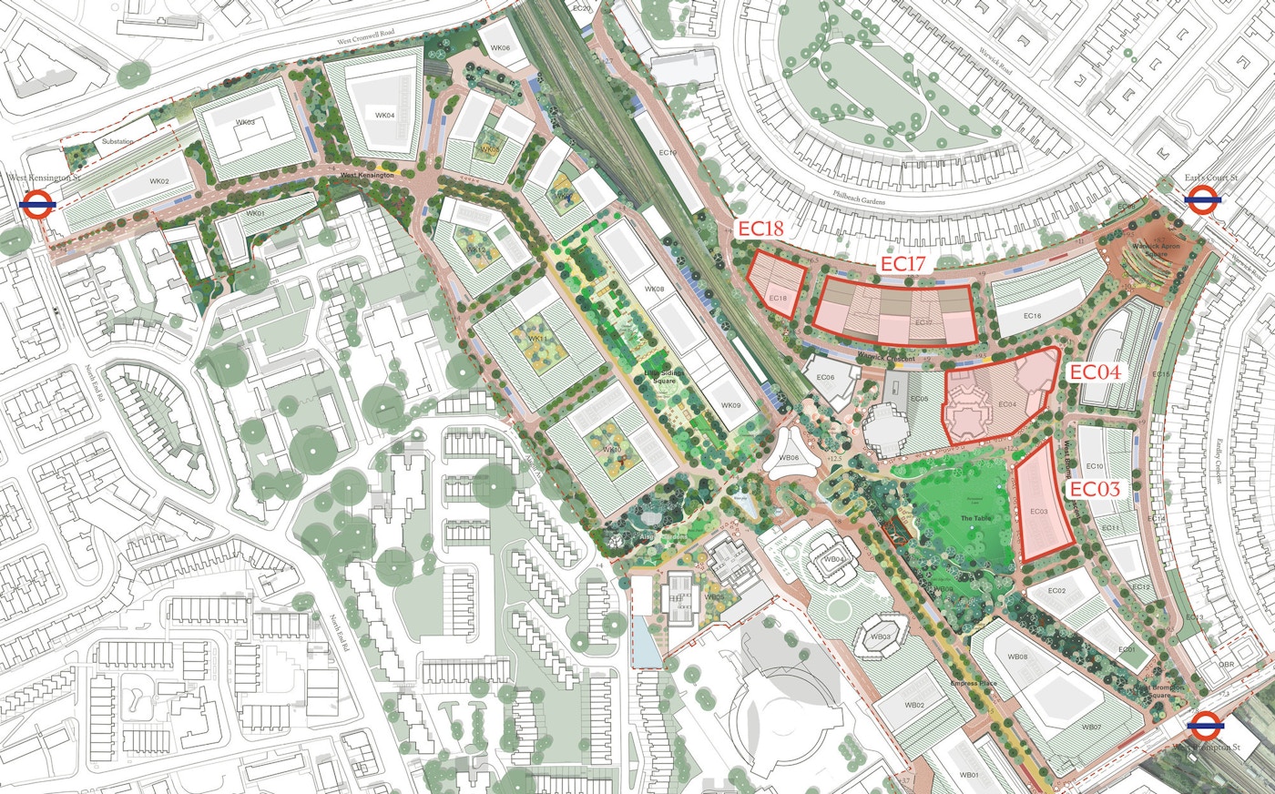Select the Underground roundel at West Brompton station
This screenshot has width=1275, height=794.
[x=1202, y=725]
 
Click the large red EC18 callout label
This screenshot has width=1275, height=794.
[x=760, y=229]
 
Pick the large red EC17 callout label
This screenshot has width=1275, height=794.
[x=903, y=264]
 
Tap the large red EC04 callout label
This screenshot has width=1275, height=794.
[x=1094, y=372]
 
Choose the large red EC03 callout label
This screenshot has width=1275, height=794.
[x=1094, y=489]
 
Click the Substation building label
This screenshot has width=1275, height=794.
[x=117, y=141]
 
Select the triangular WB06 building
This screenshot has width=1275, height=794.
[x=789, y=457]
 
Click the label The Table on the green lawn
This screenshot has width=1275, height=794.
[x=974, y=518]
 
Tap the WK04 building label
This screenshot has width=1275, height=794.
[x=385, y=116]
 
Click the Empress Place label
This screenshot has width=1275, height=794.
[x=972, y=683]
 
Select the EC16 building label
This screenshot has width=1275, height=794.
[x=1032, y=316]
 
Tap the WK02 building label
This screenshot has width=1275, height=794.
[x=159, y=181]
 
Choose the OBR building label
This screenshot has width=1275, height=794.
[x=1227, y=664]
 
